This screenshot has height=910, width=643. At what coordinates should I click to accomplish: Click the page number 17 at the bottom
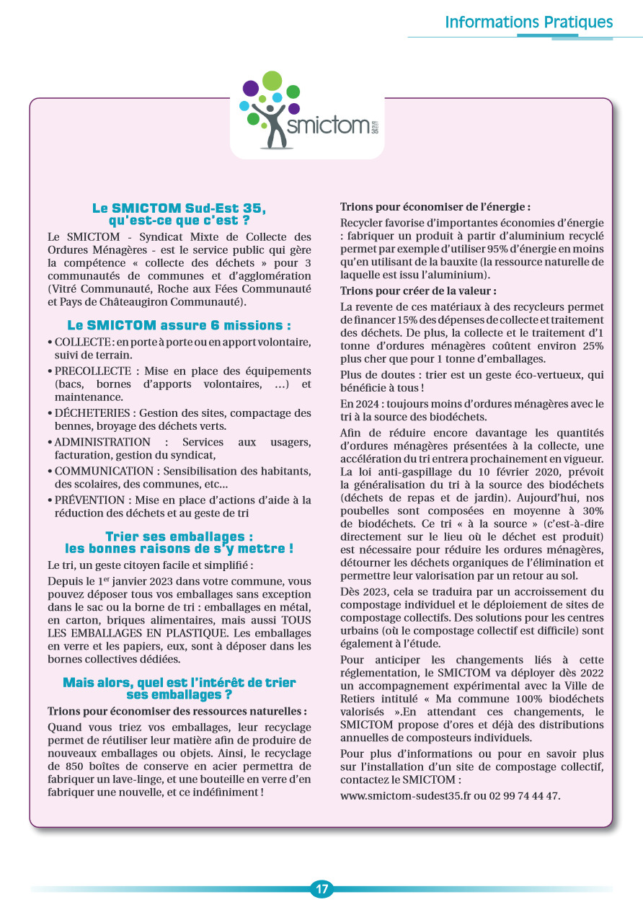321,889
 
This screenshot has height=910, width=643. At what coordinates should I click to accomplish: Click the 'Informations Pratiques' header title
528,22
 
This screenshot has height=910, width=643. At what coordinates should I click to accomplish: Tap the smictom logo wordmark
329,126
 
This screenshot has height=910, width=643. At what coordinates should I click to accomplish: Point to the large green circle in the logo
272,81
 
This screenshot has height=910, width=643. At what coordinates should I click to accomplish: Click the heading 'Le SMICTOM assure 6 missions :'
179,325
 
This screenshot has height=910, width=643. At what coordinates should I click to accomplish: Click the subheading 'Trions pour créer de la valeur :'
418,291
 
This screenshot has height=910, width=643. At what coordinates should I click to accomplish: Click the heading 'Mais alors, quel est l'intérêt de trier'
179,682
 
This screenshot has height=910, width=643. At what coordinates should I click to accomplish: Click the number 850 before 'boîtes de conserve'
59,766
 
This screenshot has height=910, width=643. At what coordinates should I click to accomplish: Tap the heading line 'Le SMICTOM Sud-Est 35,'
179,208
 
